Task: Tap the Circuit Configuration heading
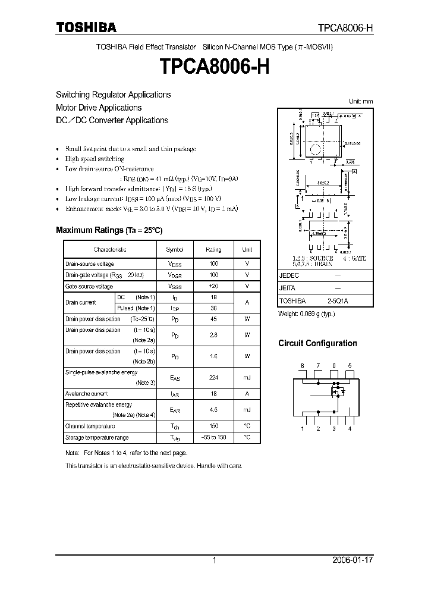318,343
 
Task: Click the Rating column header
213,250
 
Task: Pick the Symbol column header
175,250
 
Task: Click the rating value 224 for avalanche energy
213,377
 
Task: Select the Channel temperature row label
90,427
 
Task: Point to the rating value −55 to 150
213,437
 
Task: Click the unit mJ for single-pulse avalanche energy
247,377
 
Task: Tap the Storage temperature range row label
96,437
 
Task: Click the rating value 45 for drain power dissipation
213,318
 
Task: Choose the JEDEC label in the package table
289,276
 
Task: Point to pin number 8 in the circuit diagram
303,365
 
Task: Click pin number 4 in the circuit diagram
350,428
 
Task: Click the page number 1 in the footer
214,560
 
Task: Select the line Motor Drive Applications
99,108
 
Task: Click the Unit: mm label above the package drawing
361,102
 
